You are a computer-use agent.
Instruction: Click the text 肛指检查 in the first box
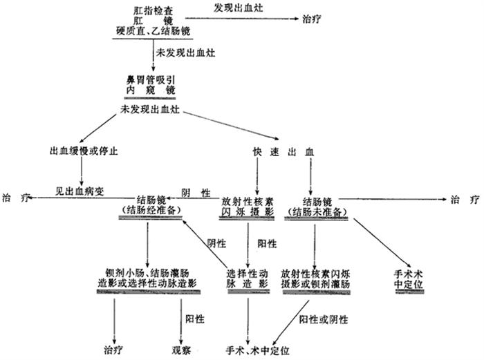153,11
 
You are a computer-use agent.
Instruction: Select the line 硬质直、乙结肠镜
153,31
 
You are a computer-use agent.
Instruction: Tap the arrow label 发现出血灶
238,8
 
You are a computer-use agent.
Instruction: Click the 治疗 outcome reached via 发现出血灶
312,19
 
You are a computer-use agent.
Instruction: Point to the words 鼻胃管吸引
150,80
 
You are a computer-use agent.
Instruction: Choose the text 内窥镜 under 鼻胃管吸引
150,90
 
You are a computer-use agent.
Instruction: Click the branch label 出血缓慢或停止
84,151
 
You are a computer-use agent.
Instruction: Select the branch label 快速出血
283,152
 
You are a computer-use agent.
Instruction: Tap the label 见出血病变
80,191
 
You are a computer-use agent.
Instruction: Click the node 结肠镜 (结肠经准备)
151,205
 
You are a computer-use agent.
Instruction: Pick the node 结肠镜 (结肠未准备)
317,207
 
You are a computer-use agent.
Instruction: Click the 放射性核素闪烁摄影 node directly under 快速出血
248,207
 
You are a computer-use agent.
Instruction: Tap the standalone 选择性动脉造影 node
248,278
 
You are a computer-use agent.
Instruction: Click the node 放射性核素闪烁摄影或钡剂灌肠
315,279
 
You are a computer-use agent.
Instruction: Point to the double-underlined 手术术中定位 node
408,279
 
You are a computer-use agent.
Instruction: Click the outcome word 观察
181,350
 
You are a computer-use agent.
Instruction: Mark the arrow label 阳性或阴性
323,320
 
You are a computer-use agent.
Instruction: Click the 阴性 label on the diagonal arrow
216,243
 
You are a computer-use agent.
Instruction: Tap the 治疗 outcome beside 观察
113,350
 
